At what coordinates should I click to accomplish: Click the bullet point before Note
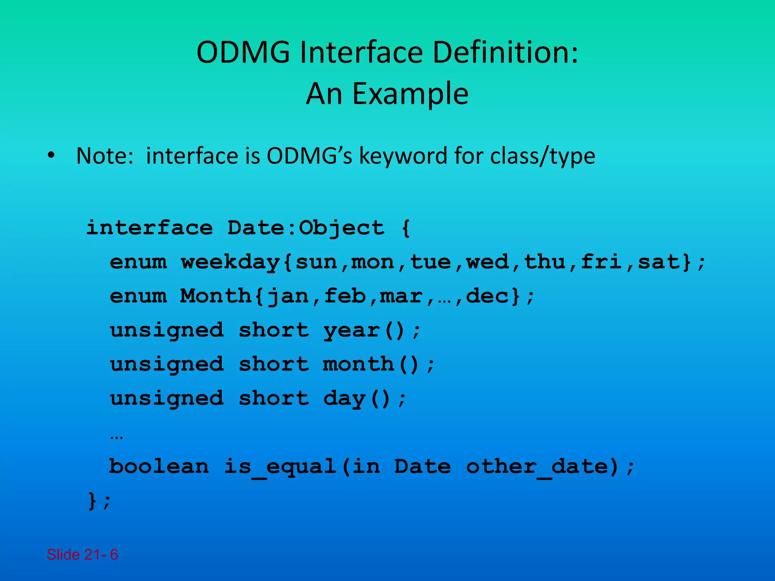coord(51,155)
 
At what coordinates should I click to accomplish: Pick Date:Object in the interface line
coord(306,228)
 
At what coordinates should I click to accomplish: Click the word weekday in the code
coord(230,262)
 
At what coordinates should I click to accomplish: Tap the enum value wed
coord(487,262)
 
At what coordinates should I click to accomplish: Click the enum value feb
coord(345,296)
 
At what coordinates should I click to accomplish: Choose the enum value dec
coord(487,296)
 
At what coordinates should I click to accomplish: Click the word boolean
coord(159,466)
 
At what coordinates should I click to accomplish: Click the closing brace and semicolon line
coord(99,501)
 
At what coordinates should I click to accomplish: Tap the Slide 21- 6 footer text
coord(82,555)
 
